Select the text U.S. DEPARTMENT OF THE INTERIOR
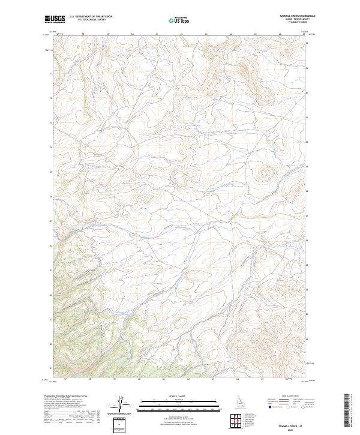pos(91,17)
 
